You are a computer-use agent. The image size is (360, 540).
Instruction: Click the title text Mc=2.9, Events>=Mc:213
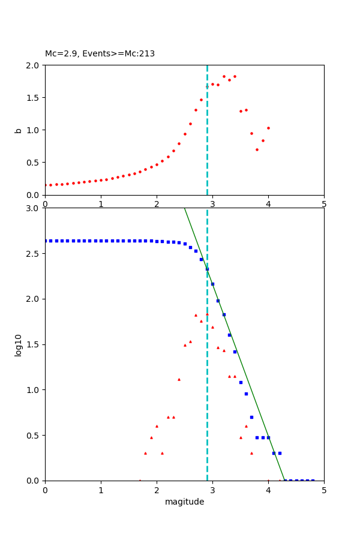100,53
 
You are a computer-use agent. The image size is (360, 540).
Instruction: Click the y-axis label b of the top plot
18,130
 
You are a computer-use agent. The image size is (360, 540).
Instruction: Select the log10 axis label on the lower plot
18,344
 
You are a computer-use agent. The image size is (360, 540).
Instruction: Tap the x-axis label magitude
184,502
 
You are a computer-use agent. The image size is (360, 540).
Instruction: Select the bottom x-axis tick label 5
324,490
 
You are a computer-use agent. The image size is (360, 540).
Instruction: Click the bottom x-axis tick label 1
101,490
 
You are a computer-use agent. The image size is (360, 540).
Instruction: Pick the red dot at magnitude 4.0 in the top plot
268,128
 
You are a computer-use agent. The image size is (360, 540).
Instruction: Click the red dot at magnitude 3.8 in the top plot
257,149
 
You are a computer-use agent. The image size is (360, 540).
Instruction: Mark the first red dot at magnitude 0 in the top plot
46,185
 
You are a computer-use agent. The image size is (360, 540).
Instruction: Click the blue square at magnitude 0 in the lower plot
46,241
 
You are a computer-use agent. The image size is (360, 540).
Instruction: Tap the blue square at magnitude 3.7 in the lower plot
251,417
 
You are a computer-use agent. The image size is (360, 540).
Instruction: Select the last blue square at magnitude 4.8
313,480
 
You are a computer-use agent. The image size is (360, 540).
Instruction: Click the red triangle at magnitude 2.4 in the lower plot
179,379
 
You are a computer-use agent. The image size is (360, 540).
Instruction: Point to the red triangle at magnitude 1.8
145,453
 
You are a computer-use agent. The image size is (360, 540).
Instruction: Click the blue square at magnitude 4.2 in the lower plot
280,453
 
